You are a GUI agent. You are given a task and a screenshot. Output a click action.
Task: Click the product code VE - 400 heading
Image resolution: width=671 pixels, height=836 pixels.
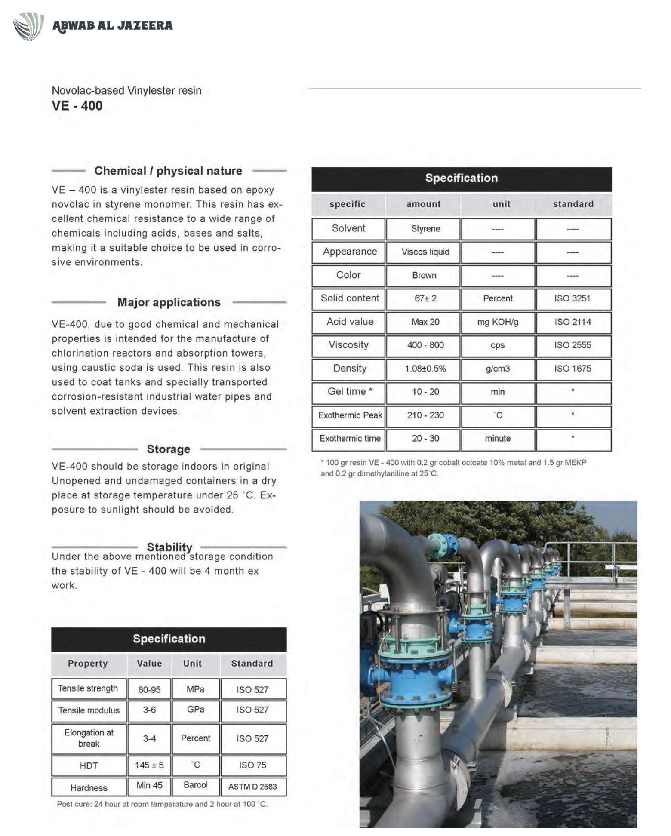(77, 106)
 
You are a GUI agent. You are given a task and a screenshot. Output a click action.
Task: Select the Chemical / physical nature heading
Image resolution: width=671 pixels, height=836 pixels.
(168, 171)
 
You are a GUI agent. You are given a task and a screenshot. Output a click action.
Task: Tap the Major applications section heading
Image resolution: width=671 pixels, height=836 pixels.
(169, 302)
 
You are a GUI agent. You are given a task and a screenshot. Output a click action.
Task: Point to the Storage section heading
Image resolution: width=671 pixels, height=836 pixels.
(168, 449)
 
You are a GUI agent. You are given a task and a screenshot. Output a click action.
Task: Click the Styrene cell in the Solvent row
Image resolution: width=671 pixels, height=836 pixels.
(425, 229)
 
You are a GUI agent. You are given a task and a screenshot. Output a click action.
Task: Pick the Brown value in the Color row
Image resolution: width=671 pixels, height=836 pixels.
(424, 275)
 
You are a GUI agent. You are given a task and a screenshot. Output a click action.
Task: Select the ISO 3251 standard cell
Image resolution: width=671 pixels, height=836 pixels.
(572, 298)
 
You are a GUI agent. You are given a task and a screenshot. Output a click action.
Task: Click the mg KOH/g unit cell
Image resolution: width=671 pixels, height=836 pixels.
(498, 322)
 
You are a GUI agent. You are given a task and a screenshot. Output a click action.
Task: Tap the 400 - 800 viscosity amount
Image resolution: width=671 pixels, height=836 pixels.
(425, 345)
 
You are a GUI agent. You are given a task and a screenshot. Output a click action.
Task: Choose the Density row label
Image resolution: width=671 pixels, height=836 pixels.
(349, 369)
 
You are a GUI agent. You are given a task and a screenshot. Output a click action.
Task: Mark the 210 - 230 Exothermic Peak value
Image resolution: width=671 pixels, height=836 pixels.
(425, 415)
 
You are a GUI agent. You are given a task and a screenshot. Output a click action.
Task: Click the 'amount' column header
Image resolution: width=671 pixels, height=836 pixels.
(423, 204)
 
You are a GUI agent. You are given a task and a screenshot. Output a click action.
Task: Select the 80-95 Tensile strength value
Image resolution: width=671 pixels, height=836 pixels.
(149, 689)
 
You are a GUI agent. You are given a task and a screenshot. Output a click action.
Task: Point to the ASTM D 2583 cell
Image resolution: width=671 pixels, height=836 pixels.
(252, 787)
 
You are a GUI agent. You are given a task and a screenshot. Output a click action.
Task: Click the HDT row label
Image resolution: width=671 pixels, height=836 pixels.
(89, 765)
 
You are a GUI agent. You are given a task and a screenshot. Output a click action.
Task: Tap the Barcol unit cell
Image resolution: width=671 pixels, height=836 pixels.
(195, 785)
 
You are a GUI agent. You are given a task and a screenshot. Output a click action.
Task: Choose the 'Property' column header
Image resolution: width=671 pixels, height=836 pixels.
(88, 663)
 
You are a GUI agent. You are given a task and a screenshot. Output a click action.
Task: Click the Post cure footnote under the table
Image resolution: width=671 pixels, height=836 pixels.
(162, 804)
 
